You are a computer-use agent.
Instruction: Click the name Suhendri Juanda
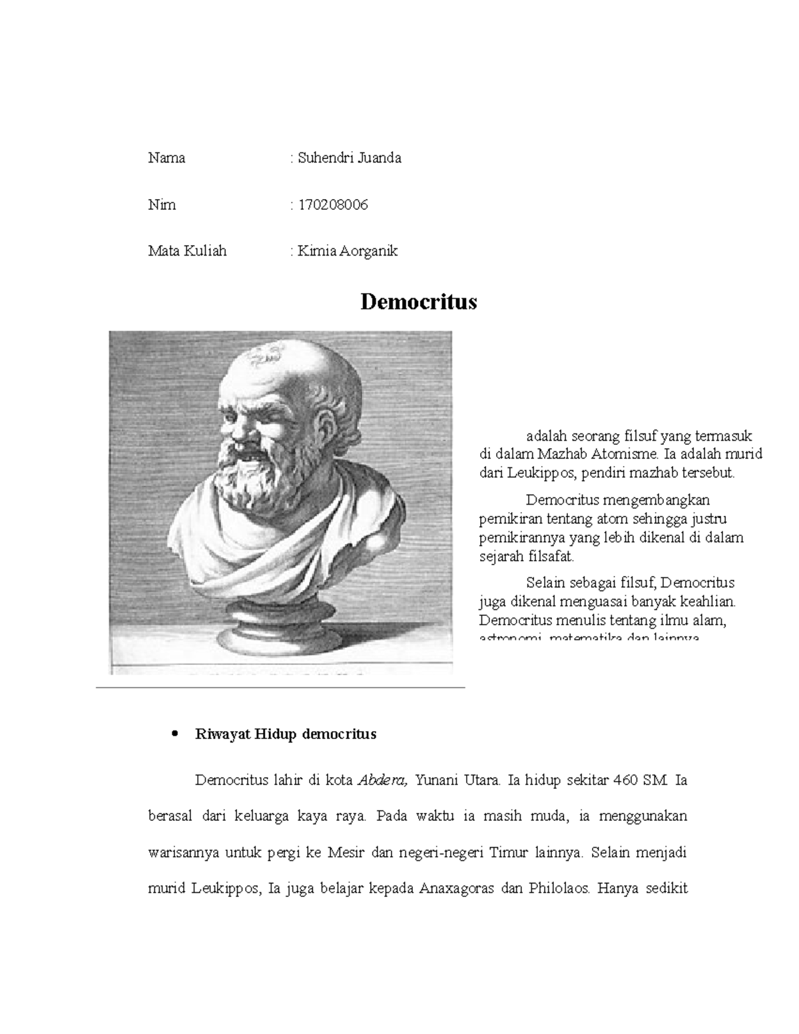349,158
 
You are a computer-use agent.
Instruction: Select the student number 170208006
332,205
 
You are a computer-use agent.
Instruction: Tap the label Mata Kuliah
187,251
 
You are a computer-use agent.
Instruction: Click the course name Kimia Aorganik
347,251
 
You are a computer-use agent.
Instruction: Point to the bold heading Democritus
419,302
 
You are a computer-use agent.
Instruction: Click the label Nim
162,205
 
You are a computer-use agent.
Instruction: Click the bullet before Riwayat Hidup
174,734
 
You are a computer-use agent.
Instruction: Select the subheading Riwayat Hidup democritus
285,734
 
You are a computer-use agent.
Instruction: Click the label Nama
166,158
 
